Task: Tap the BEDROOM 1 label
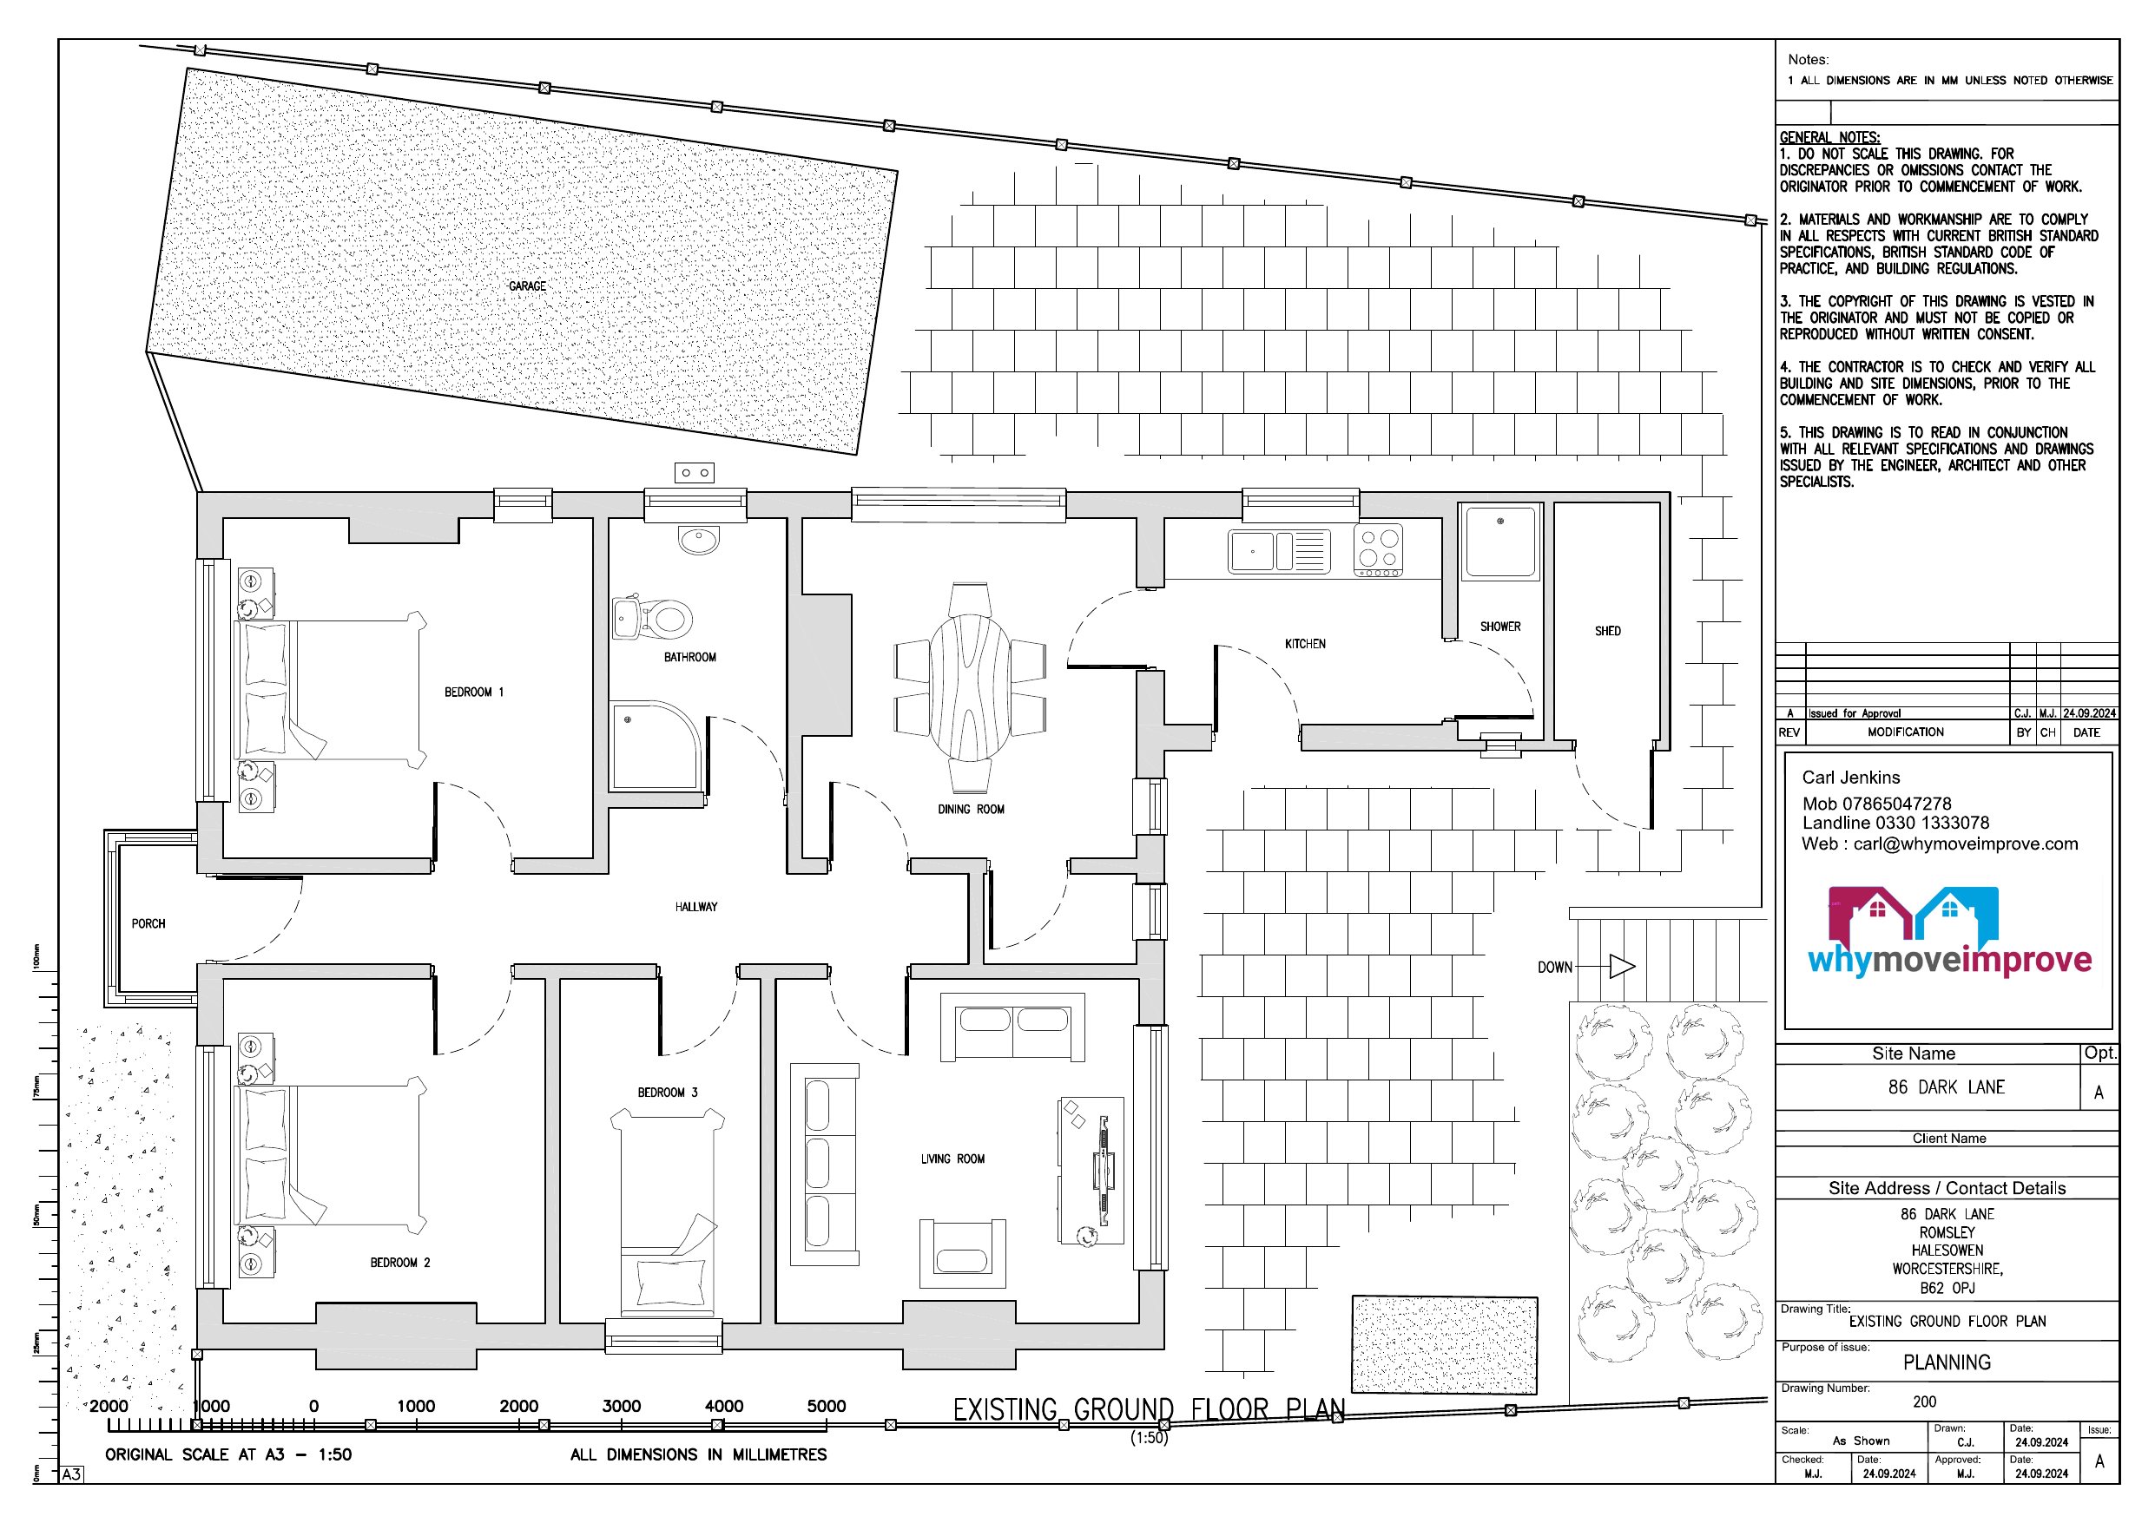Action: [x=474, y=693]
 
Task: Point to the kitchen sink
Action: [x=1279, y=551]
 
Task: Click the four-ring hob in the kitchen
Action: [x=1378, y=550]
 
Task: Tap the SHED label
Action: [x=1608, y=632]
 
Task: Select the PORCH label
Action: [x=148, y=924]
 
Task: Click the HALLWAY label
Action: [x=695, y=908]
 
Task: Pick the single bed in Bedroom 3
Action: [x=668, y=1211]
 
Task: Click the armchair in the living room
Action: [x=962, y=1254]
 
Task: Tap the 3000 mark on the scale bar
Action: [x=622, y=1406]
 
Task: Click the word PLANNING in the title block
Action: [x=1947, y=1362]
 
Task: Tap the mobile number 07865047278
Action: [x=1897, y=804]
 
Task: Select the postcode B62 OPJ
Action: [x=1947, y=1289]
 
